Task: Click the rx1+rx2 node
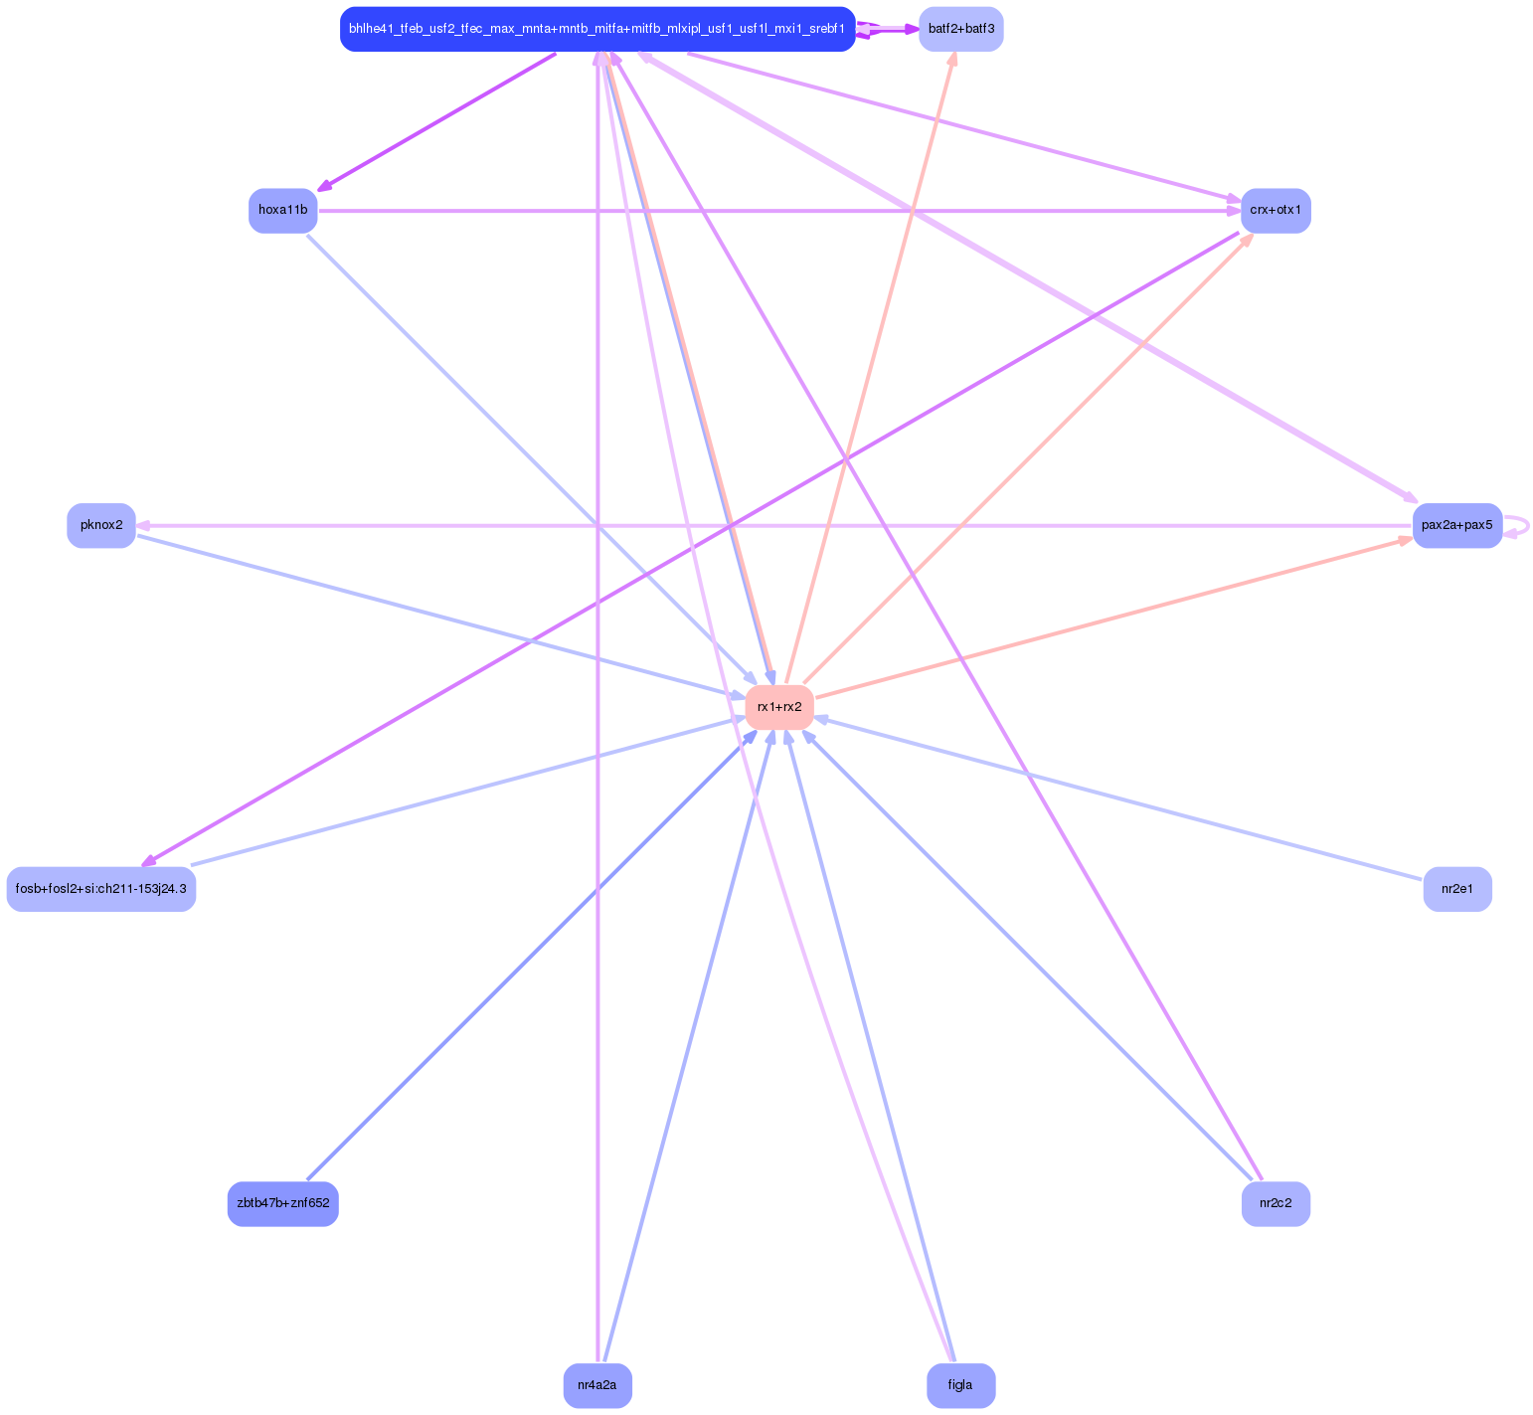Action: (x=779, y=707)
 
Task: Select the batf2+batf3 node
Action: (x=960, y=29)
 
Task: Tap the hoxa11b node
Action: (x=282, y=211)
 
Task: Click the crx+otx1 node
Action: (x=1276, y=211)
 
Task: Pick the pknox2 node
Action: (x=101, y=525)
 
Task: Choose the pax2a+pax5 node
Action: (x=1456, y=525)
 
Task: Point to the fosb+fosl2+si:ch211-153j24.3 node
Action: (x=101, y=889)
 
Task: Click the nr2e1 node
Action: (x=1456, y=889)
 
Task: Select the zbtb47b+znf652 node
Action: (x=282, y=1204)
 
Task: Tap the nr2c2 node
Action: (x=1276, y=1204)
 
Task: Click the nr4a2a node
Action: (x=597, y=1385)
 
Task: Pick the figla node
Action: (x=960, y=1385)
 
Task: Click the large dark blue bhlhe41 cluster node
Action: (x=596, y=29)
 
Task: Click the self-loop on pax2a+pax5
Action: (x=1526, y=525)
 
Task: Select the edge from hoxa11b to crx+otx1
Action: (x=775, y=211)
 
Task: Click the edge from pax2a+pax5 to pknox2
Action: (x=775, y=525)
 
